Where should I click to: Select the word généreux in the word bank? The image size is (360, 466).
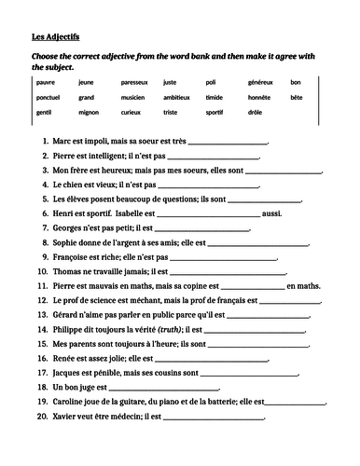pos(262,82)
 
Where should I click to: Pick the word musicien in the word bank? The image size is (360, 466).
pos(133,97)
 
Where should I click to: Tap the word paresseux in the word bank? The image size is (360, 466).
pos(136,82)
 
